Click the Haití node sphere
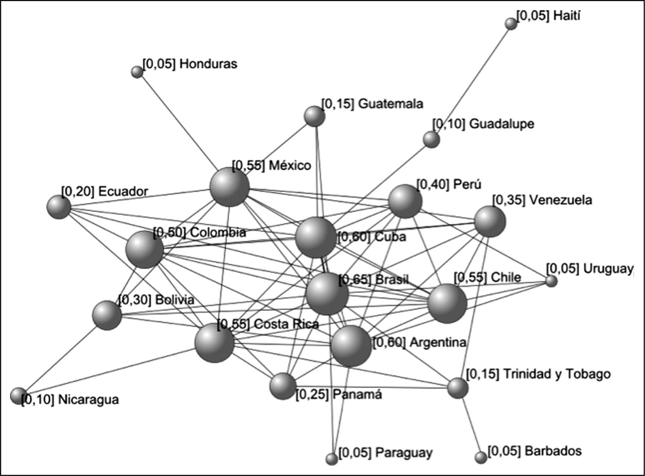(511, 24)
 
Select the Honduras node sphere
(137, 72)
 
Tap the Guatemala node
(314, 116)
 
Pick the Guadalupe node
(431, 139)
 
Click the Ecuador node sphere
(59, 207)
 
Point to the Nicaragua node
(18, 396)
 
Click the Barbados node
(480, 457)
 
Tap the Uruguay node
(551, 281)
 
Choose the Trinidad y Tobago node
(458, 388)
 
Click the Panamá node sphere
(283, 386)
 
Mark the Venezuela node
(490, 222)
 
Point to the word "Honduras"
(208, 64)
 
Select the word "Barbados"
(553, 451)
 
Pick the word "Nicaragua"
(88, 400)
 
